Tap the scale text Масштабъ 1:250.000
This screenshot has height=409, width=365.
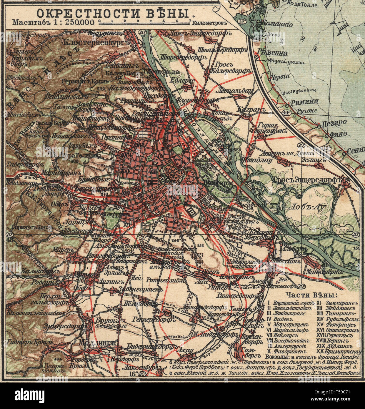coord(53,22)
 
